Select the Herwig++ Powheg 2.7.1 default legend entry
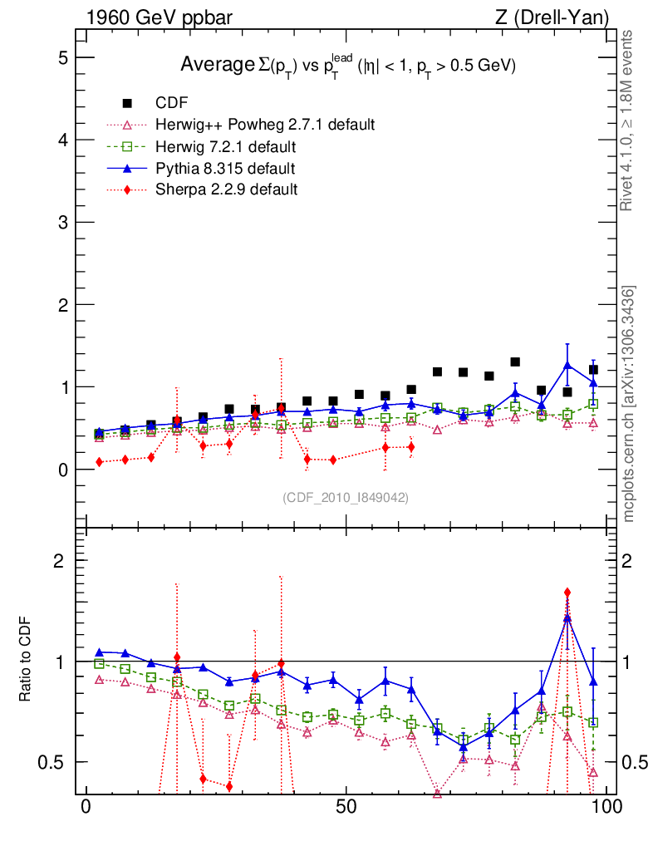tap(265, 125)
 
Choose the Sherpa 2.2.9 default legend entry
tap(227, 189)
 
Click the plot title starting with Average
tap(349, 66)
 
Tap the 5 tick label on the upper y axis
tap(62, 57)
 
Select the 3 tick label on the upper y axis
tap(62, 223)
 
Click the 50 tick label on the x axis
tap(346, 807)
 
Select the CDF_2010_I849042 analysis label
tap(346, 497)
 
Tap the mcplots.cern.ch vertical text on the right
tap(629, 404)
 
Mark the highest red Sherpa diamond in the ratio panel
tap(567, 593)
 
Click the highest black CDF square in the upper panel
tap(515, 362)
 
